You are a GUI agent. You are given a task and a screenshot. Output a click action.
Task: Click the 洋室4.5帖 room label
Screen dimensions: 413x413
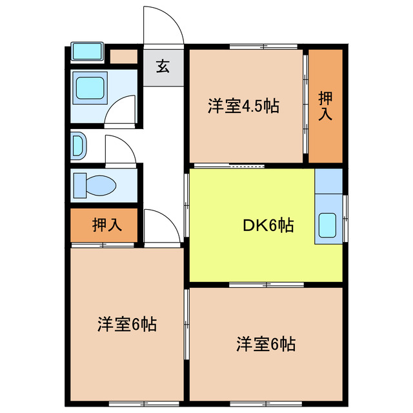(243, 106)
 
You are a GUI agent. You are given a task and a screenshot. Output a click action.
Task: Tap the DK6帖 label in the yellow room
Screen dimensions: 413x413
(268, 225)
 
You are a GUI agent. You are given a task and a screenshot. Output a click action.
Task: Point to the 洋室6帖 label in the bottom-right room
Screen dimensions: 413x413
(265, 343)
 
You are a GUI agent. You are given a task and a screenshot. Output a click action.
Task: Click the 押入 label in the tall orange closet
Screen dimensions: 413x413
(325, 106)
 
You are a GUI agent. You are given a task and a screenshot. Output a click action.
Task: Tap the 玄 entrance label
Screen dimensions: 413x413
(163, 66)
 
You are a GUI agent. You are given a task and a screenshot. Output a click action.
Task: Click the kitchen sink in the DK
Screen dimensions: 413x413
(328, 226)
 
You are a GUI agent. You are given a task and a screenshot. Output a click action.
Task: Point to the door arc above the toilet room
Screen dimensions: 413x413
(121, 150)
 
